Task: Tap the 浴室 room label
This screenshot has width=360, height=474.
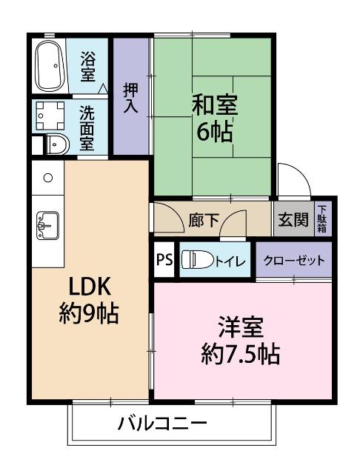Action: (x=88, y=67)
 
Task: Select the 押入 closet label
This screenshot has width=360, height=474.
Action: (x=131, y=99)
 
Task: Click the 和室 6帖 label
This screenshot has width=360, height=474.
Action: (x=215, y=118)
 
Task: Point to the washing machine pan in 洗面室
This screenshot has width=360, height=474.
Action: (x=50, y=116)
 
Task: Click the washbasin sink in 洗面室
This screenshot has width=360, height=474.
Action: (x=58, y=144)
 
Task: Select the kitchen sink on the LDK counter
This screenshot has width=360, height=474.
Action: (x=47, y=225)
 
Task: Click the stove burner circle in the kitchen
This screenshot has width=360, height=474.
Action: (x=48, y=178)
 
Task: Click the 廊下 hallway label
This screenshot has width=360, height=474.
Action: (x=204, y=221)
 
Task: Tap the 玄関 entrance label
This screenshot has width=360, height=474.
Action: (x=293, y=220)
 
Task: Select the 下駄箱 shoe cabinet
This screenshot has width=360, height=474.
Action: (x=322, y=219)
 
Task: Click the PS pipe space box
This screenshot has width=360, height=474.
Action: (x=164, y=259)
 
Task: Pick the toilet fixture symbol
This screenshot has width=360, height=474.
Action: (x=197, y=259)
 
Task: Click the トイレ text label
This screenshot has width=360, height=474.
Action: (x=230, y=261)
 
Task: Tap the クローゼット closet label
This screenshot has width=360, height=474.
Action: (x=294, y=260)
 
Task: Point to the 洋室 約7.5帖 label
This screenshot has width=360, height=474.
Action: (x=240, y=341)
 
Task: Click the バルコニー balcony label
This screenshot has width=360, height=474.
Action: (x=162, y=424)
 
